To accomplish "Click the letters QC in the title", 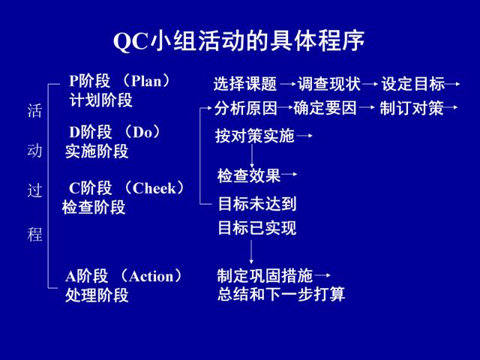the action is [130, 41].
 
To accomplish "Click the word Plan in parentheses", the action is [146, 81].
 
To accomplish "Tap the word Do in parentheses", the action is [142, 133].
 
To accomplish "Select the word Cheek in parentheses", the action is [154, 188].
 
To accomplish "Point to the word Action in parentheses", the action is [151, 276].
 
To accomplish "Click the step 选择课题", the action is [245, 84].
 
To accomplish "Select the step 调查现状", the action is [329, 84].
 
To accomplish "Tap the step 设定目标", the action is [413, 84].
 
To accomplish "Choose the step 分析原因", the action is [245, 108].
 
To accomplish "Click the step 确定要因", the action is [325, 108].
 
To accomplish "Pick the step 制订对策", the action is [412, 108].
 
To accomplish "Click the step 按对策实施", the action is [255, 136].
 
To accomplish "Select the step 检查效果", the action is [248, 175].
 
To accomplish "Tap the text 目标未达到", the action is [257, 204].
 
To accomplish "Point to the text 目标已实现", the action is [257, 228].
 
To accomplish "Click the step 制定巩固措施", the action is [265, 275].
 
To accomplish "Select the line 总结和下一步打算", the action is [281, 295].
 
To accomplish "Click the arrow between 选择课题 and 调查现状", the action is [288, 83].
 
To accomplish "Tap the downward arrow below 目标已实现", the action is [251, 252].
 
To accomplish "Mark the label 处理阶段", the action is [97, 295].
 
